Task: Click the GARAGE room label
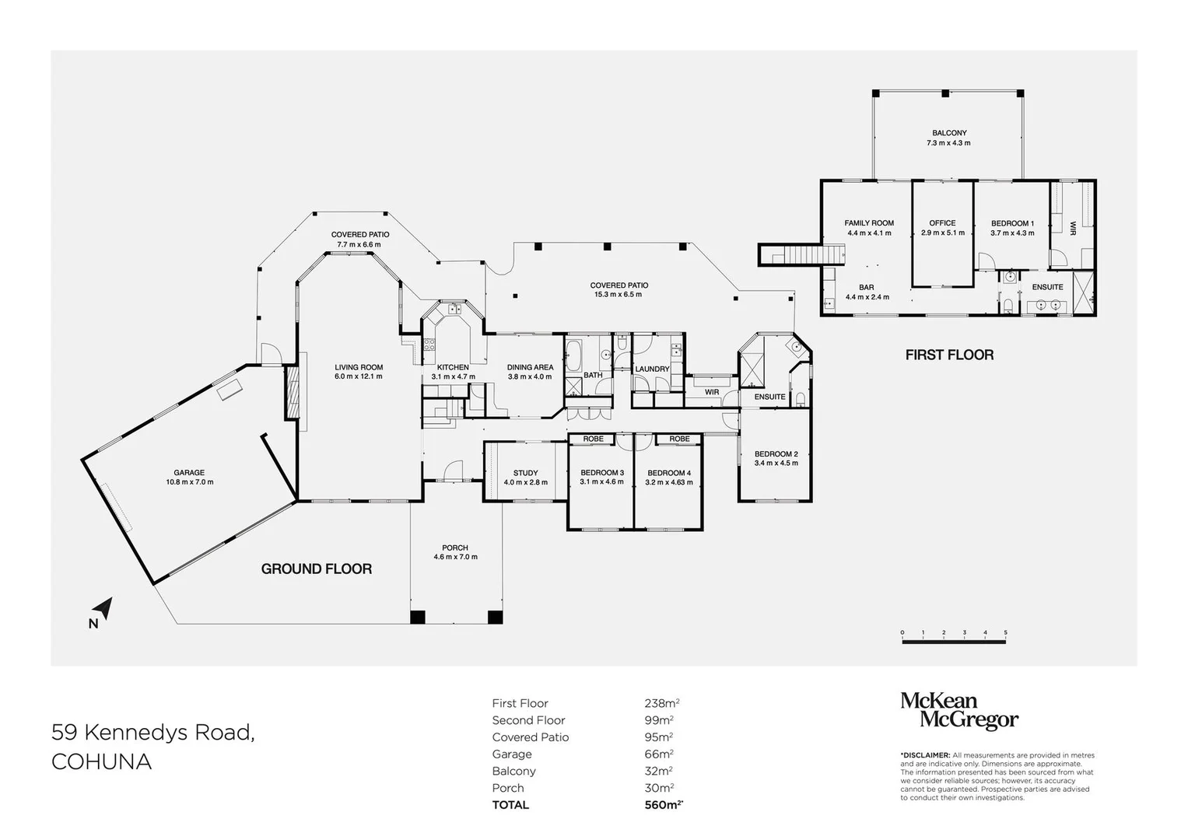pos(189,472)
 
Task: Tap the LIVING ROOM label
pos(359,367)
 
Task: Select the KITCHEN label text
pos(453,367)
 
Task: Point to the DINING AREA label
pos(530,367)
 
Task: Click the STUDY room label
pos(525,473)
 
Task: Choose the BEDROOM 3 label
pos(601,473)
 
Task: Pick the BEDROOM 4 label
pos(668,473)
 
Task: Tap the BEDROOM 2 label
pos(776,454)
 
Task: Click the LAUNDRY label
pos(652,369)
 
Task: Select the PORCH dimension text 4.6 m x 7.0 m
pos(455,557)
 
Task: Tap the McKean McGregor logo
pos(958,711)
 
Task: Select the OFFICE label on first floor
pos(942,223)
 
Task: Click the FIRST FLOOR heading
pos(949,355)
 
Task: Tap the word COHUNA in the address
pos(101,761)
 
